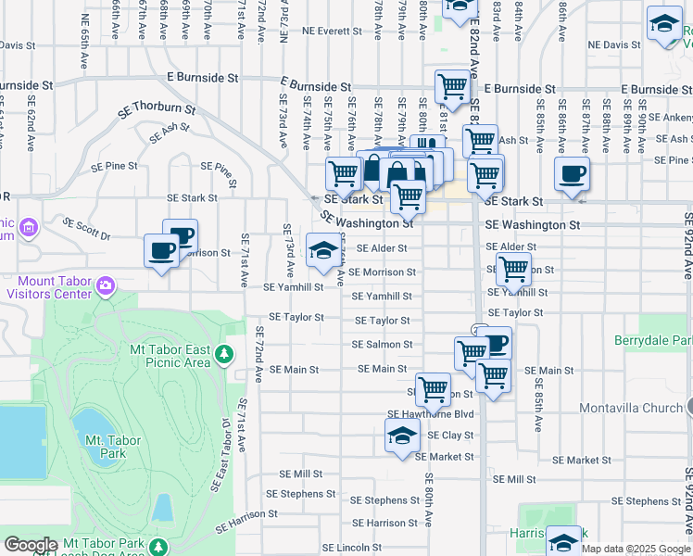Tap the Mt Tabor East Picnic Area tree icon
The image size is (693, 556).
(223, 354)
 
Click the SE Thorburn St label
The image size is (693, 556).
(157, 110)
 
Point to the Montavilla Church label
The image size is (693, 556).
(630, 408)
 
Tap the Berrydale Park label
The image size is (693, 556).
(653, 341)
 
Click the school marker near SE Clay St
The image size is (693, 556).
(402, 436)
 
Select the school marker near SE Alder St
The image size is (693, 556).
(322, 251)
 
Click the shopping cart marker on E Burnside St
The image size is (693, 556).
(452, 87)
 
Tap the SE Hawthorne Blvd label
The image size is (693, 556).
(430, 414)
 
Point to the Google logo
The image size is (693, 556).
(31, 545)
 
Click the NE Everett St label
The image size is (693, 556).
(331, 31)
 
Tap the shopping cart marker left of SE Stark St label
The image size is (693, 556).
(343, 172)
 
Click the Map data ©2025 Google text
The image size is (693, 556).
(636, 549)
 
